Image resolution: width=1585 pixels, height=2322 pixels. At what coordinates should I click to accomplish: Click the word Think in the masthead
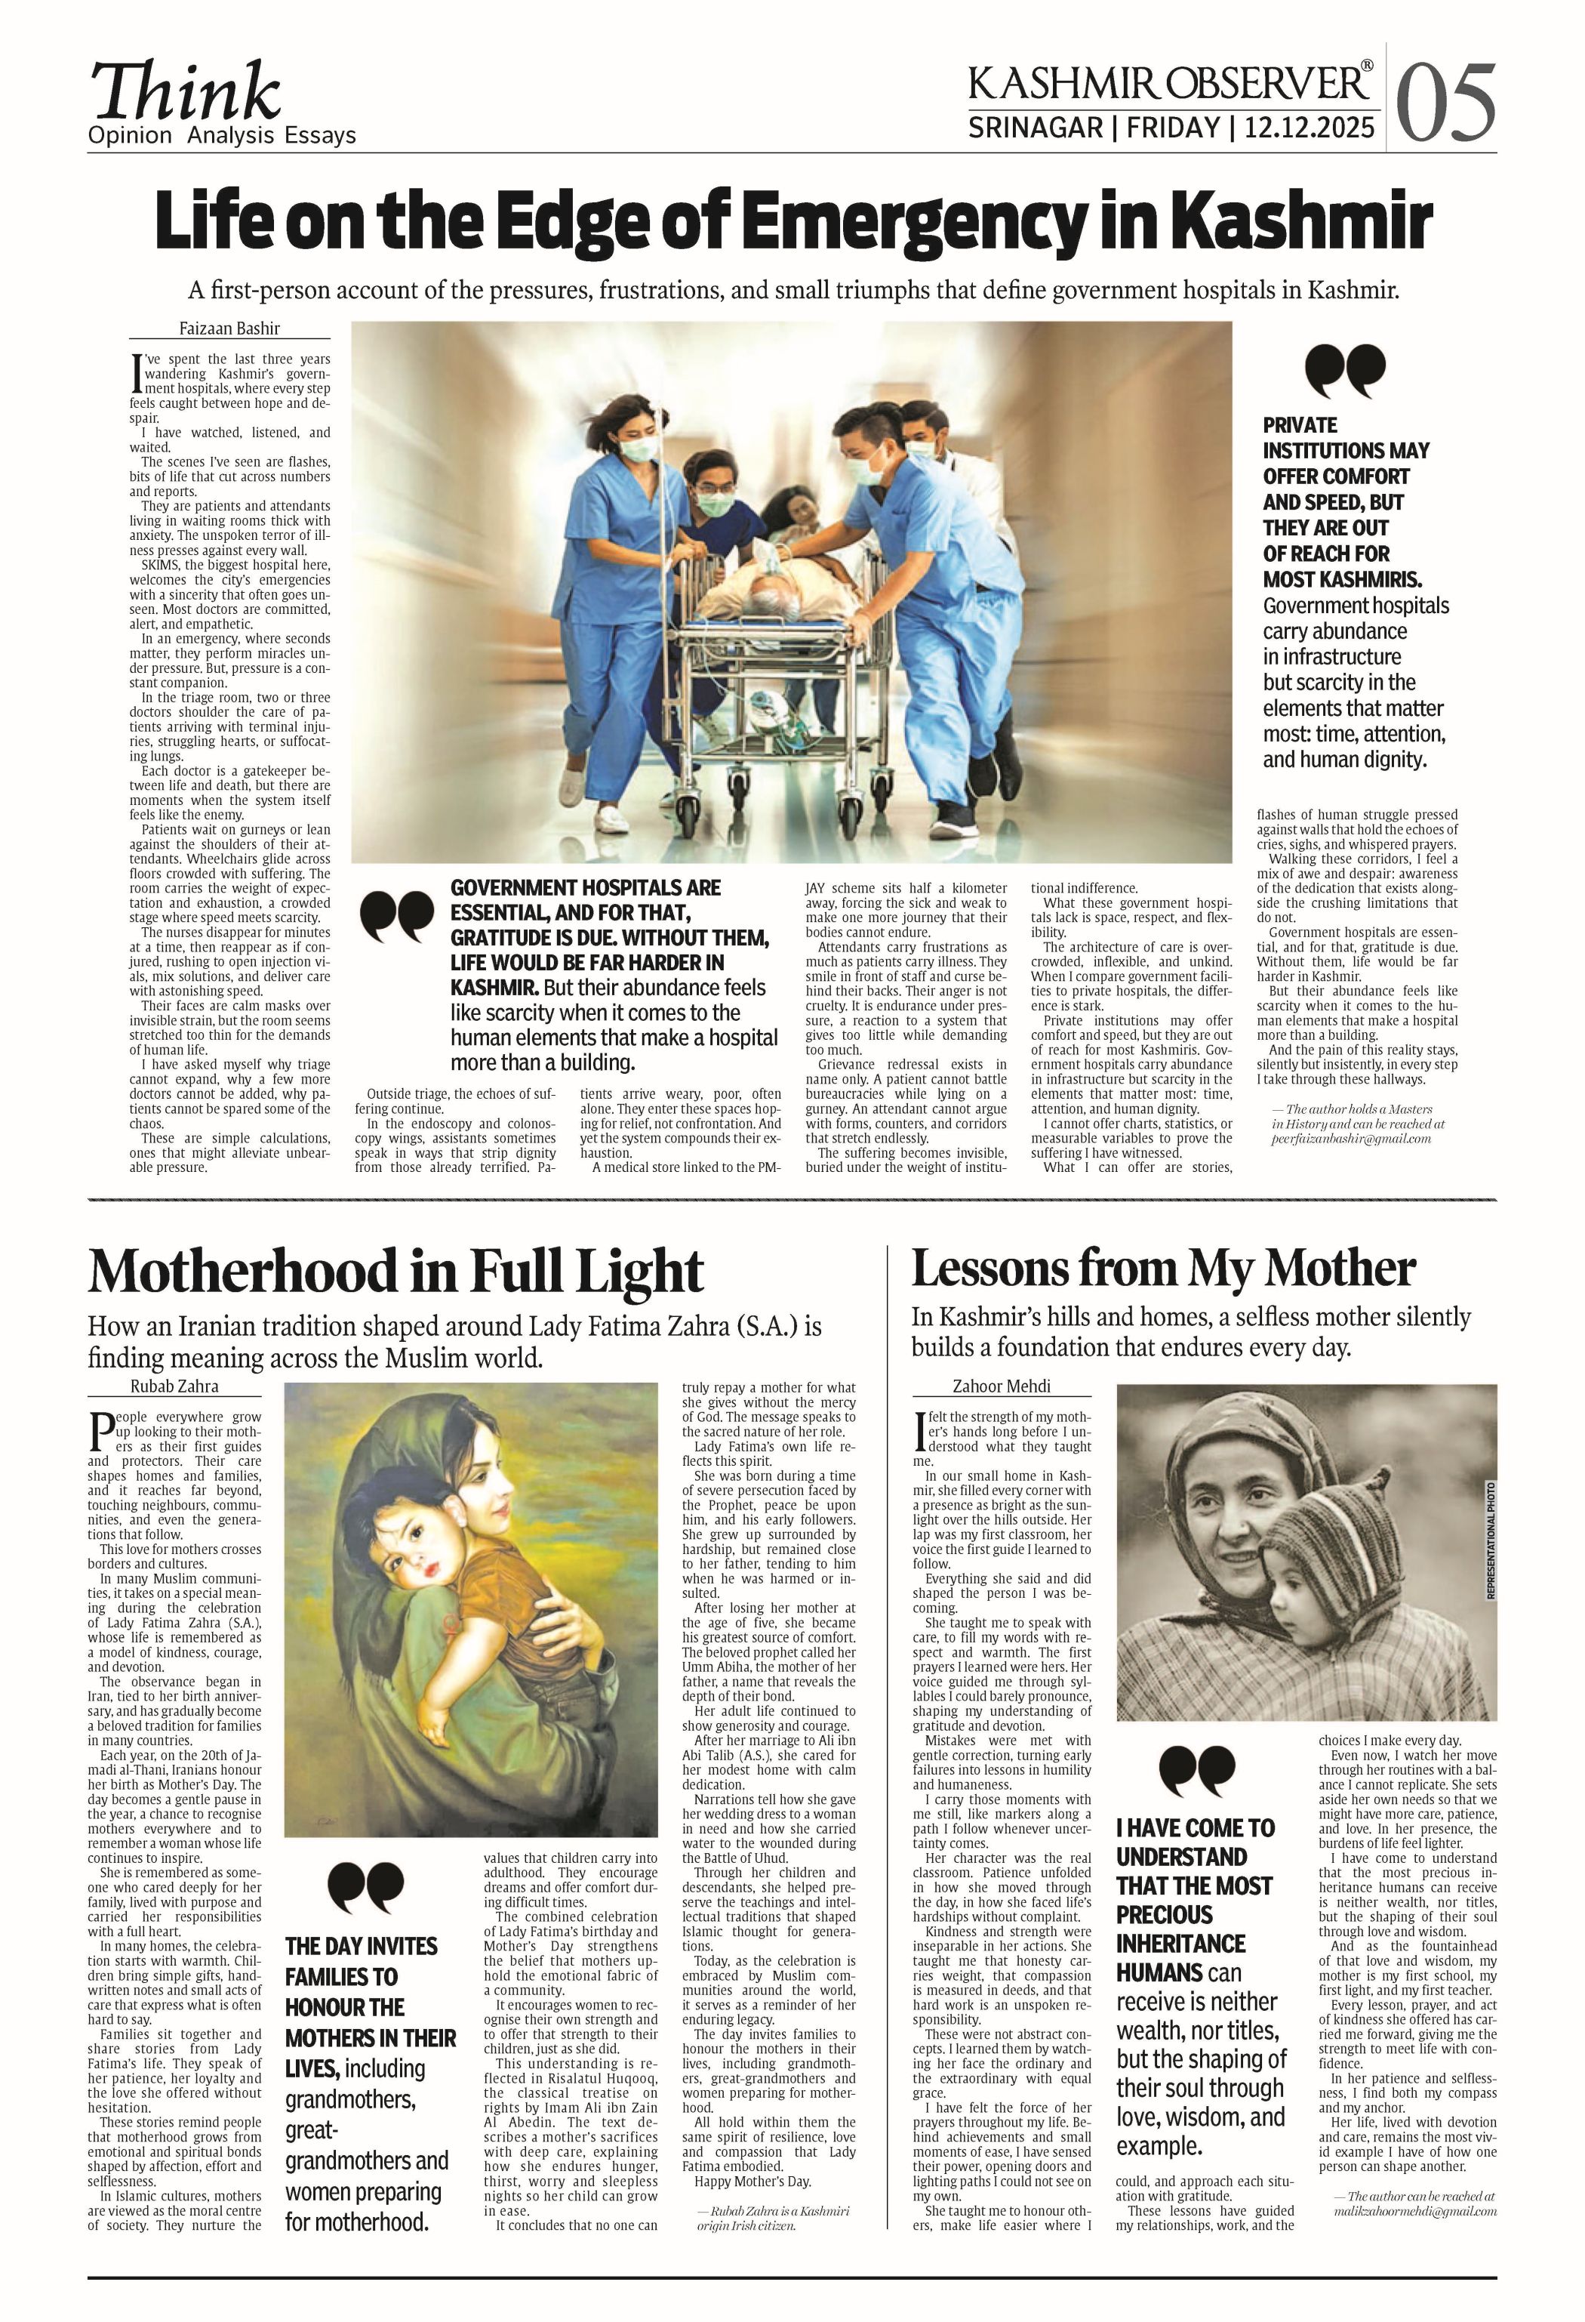coord(186,92)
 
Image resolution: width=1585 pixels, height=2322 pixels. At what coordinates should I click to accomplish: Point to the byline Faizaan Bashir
coord(229,328)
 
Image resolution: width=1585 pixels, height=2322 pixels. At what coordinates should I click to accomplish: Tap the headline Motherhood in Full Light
coord(395,1271)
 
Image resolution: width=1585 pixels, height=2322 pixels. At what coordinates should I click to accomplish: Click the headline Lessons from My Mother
coord(1162,1269)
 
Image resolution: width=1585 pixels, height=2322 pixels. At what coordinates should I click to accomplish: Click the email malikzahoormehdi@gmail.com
coord(1414,2211)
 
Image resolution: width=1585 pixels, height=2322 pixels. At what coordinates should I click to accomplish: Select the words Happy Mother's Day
coord(752,2180)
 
